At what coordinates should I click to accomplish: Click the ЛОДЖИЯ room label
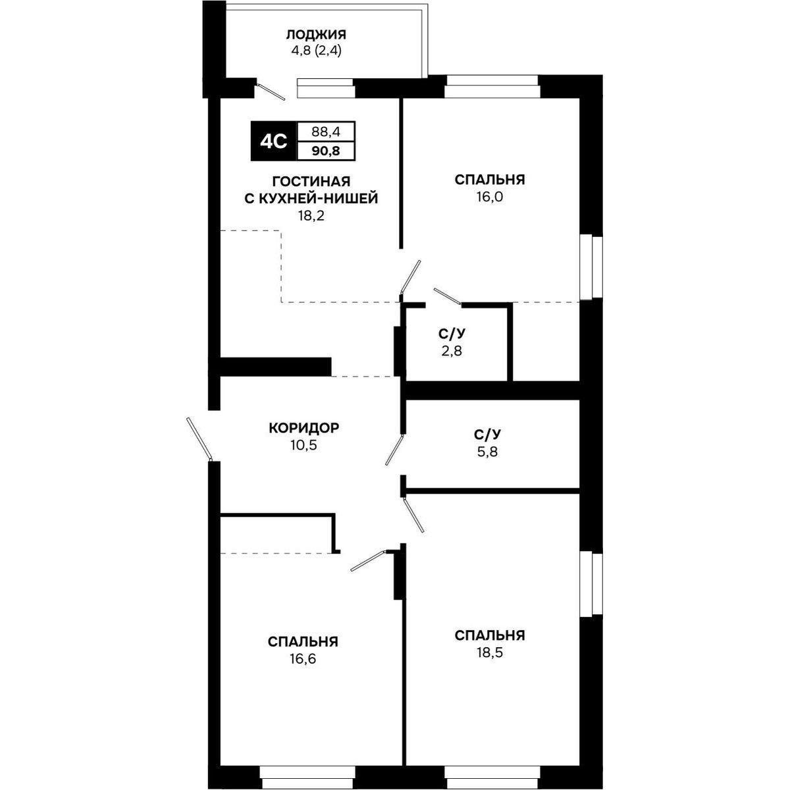316,35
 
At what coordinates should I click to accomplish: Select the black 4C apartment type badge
274,141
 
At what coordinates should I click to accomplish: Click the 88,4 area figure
327,132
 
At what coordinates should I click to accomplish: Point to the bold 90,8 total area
327,151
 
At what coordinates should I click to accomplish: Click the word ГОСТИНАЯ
311,180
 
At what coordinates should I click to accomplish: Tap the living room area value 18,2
311,216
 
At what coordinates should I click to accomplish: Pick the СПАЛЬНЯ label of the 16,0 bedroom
490,180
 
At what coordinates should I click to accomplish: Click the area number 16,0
490,197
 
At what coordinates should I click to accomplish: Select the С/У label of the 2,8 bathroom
452,334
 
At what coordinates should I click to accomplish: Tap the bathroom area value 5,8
487,452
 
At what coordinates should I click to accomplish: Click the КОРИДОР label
304,428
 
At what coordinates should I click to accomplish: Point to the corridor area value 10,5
304,445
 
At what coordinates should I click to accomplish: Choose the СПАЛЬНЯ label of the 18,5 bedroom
490,635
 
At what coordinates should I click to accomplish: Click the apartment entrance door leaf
199,439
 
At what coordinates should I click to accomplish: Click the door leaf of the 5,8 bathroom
395,450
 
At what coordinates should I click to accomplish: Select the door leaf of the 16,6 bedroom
369,560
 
